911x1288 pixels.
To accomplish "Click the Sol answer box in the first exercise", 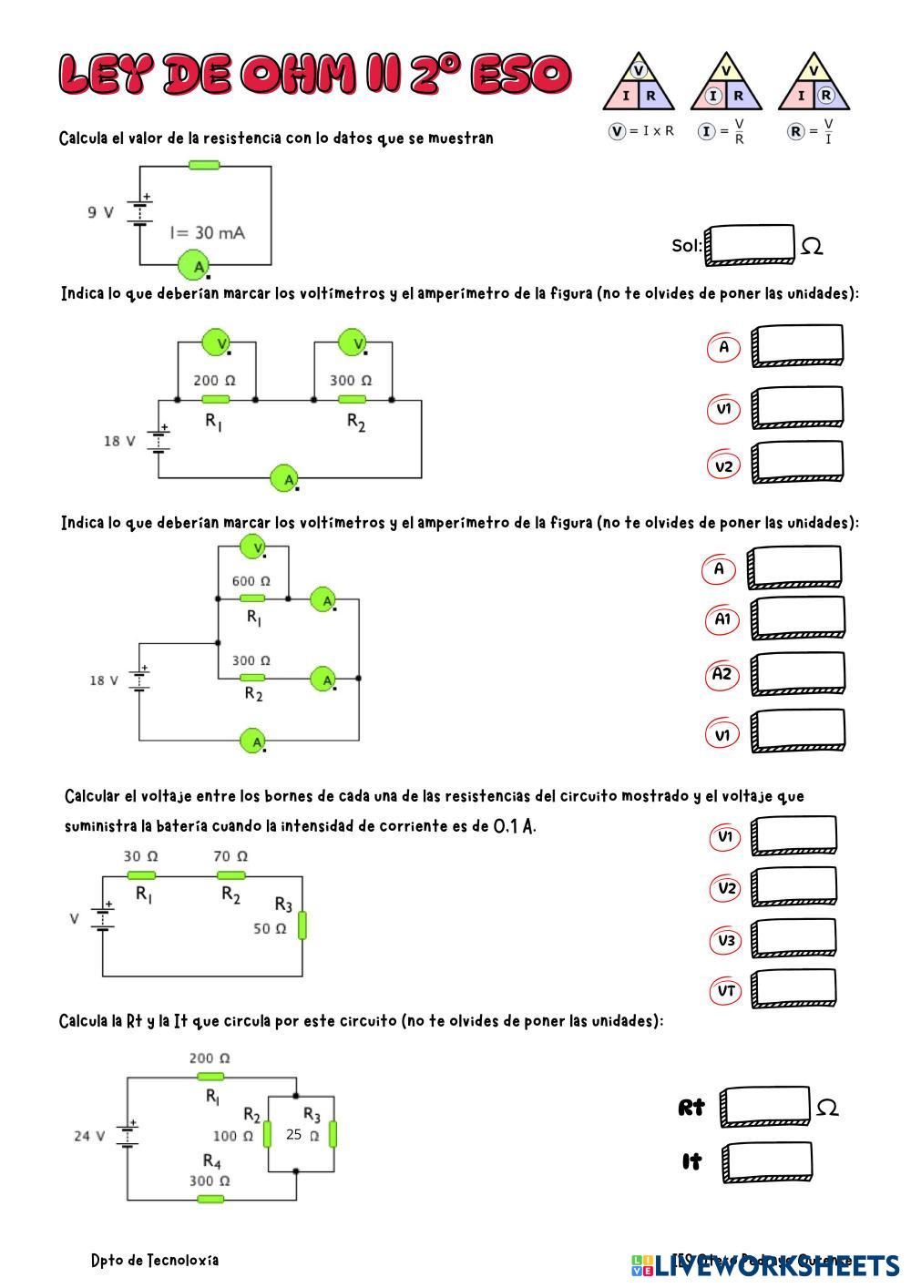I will pos(750,245).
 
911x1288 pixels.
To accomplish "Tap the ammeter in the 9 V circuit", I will pos(194,265).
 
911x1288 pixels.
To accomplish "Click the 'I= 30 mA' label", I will pos(207,232).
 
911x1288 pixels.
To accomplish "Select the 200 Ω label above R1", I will pos(213,380).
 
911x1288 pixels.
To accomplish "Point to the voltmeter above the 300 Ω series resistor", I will pos(353,342).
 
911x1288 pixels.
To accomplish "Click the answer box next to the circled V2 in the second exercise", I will pos(797,464).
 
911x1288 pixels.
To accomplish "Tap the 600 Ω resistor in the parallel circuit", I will pos(252,598).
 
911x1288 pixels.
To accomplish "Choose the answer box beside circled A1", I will pos(795,618).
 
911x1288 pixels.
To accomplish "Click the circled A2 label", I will pos(722,675).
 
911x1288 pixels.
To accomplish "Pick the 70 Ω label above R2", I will pos(230,856).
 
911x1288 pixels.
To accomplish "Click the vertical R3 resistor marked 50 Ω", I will pos(302,925).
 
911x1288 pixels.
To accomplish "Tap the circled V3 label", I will pos(726,940).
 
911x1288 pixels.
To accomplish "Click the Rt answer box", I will pos(765,1107).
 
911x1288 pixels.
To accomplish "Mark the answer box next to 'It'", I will pos(767,1162).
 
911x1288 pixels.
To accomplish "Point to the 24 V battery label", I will pos(89,1136).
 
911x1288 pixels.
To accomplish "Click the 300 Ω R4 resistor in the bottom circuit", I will pos(210,1199).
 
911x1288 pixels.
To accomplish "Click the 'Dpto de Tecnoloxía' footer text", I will pos(155,1261).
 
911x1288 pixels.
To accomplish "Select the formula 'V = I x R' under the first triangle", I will pos(641,131).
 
